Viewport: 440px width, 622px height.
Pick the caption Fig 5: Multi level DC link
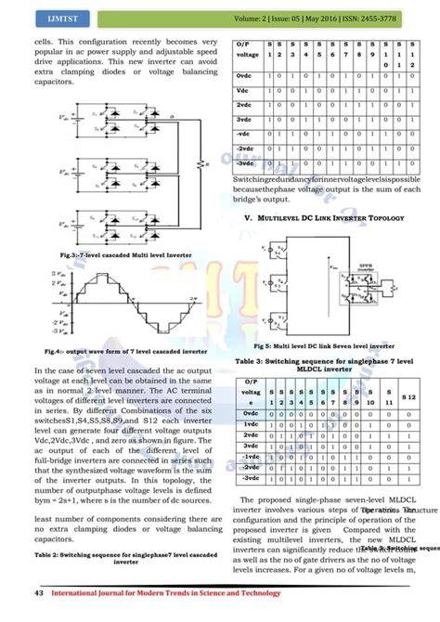[330, 345]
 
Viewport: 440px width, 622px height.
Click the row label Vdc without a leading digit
[245, 90]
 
